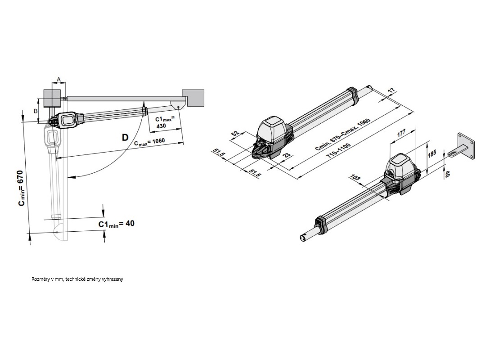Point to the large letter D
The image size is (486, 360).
tap(125, 137)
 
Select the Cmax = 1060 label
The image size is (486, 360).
tap(150, 142)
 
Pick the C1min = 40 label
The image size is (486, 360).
tap(116, 224)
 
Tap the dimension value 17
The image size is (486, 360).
tap(391, 91)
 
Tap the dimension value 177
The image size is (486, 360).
tap(401, 133)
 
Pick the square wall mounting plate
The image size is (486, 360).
tap(466, 146)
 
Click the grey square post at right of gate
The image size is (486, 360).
tap(195, 98)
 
